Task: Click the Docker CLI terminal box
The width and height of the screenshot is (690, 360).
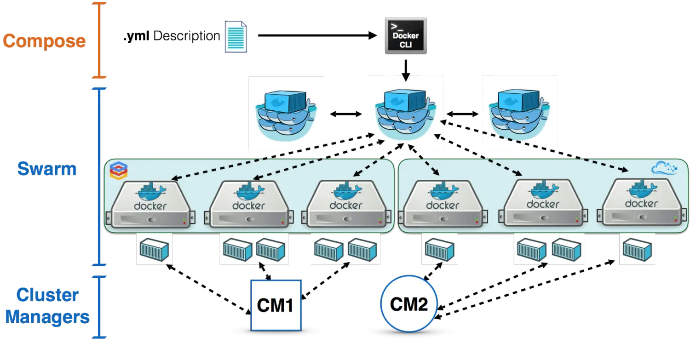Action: (406, 36)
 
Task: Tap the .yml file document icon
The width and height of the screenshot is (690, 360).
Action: (236, 37)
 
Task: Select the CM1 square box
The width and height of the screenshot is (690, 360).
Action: (276, 305)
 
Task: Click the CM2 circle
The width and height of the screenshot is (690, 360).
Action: (409, 304)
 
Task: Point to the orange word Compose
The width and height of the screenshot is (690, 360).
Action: (44, 41)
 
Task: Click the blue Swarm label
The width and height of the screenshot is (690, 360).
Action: (47, 169)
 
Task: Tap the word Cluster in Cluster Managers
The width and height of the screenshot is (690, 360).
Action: (47, 295)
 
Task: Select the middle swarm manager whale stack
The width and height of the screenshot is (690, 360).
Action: (405, 114)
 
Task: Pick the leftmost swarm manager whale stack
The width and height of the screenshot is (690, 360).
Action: (286, 115)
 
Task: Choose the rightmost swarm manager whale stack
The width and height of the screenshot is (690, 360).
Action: (519, 114)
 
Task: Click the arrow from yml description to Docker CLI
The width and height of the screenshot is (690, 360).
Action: (317, 35)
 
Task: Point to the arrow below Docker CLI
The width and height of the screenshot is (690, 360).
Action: (406, 70)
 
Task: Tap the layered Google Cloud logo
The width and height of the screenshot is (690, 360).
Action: (119, 170)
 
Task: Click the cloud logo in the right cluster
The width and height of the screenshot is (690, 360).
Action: (664, 168)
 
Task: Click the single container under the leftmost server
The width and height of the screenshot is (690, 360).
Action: (154, 250)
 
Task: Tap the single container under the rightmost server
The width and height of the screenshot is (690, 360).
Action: (637, 250)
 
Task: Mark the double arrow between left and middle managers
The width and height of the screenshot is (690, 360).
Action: (345, 114)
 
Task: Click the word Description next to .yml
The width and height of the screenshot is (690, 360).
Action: (187, 36)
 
